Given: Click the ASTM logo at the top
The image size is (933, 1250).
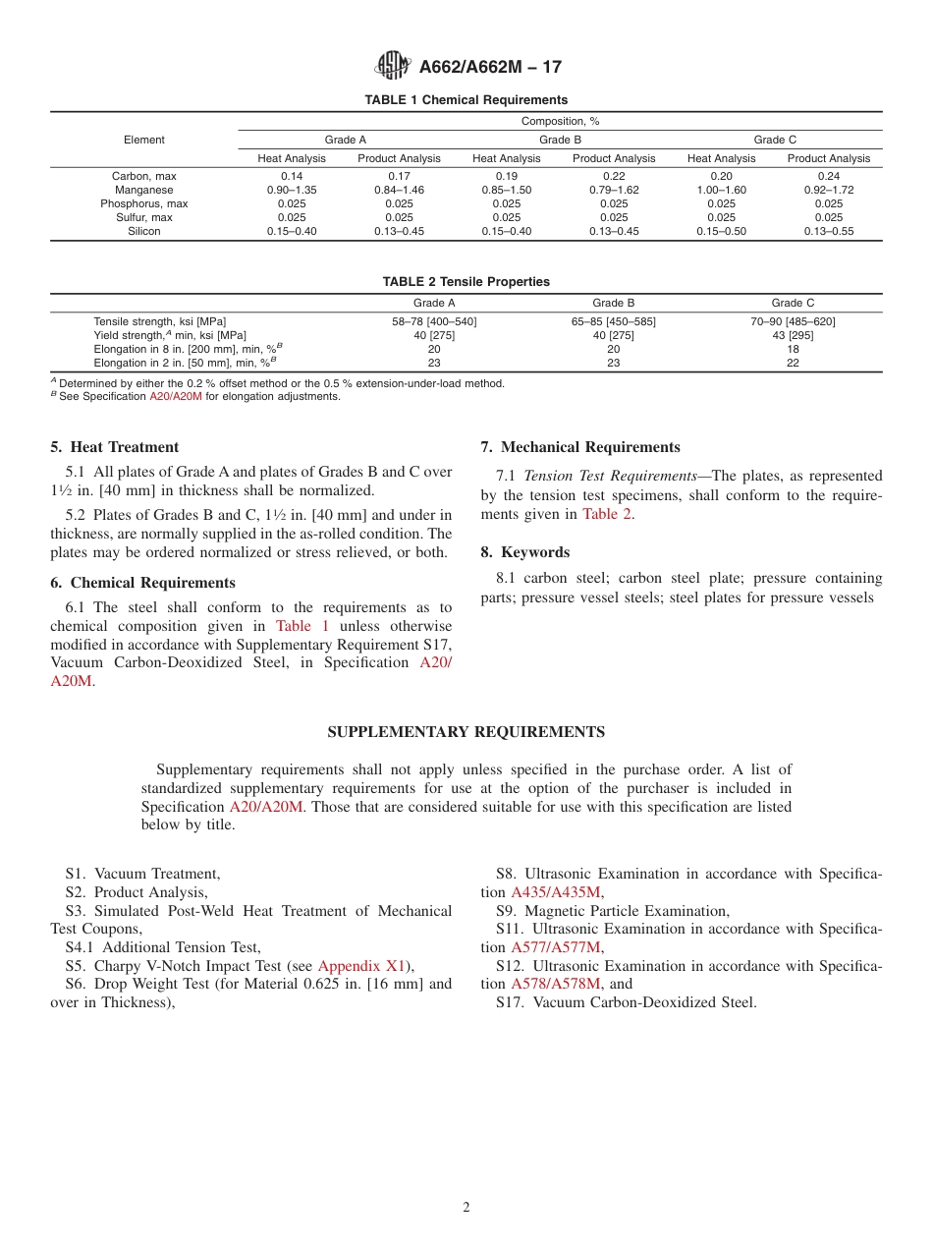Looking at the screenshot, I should [393, 66].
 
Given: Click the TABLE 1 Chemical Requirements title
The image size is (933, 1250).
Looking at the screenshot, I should [466, 100].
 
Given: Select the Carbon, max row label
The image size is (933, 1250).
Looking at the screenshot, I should [143, 176].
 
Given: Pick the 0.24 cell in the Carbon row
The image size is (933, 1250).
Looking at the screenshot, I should [828, 176].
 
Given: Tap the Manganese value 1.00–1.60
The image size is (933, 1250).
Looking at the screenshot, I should [721, 190].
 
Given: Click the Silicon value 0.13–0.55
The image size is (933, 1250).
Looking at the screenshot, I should [828, 231].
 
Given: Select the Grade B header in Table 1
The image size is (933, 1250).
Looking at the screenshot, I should [560, 140].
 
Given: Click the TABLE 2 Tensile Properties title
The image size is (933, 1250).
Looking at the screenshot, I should [466, 282].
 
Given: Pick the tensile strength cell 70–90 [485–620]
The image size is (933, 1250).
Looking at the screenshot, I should [793, 321].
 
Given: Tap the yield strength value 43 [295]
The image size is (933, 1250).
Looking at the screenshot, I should [793, 335].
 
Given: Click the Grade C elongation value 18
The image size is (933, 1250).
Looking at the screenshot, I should [793, 349].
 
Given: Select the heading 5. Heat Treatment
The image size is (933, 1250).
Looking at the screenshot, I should [115, 447].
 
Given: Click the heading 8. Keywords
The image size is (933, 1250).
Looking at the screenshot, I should [524, 552].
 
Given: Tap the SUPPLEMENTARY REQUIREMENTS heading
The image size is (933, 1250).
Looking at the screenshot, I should [466, 732].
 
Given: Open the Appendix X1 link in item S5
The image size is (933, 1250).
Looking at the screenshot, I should [361, 966].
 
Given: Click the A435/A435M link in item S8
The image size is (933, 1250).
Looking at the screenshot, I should [555, 892].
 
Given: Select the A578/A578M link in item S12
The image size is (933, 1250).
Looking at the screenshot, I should [555, 984].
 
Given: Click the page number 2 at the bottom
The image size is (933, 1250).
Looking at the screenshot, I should [466, 1208].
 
